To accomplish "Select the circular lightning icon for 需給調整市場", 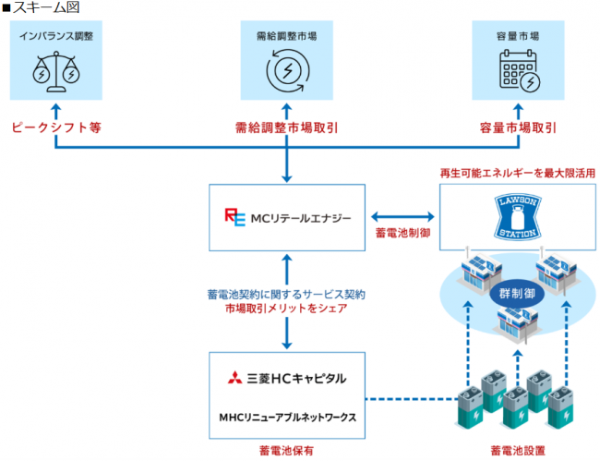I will coord(286,71).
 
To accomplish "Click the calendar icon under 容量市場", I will coord(517,71).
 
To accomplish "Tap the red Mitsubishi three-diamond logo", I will coord(234,378).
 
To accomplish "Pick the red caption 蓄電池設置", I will coord(516,450).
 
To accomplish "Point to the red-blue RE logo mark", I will coord(234,217).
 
